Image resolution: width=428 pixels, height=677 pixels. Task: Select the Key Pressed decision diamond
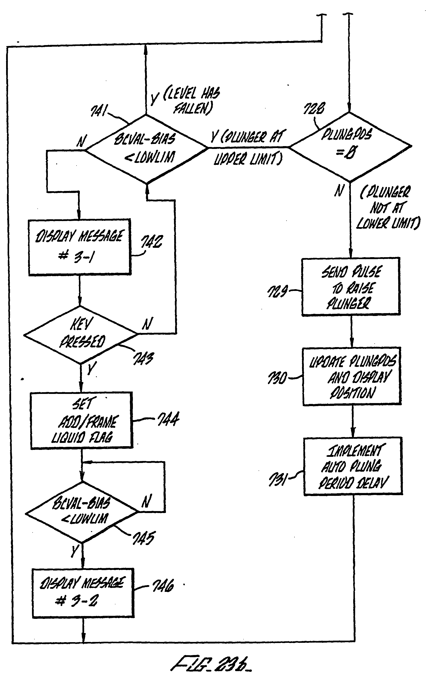pyautogui.click(x=81, y=334)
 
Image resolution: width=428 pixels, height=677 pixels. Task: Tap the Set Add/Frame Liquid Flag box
pyautogui.click(x=81, y=420)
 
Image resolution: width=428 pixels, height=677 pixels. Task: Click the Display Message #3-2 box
pyautogui.click(x=83, y=593)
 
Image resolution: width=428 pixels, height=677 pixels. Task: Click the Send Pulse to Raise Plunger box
pyautogui.click(x=351, y=287)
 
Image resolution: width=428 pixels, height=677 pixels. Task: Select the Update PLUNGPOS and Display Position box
pyautogui.click(x=352, y=376)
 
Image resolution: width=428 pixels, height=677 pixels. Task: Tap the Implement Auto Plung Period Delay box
pyautogui.click(x=353, y=466)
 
